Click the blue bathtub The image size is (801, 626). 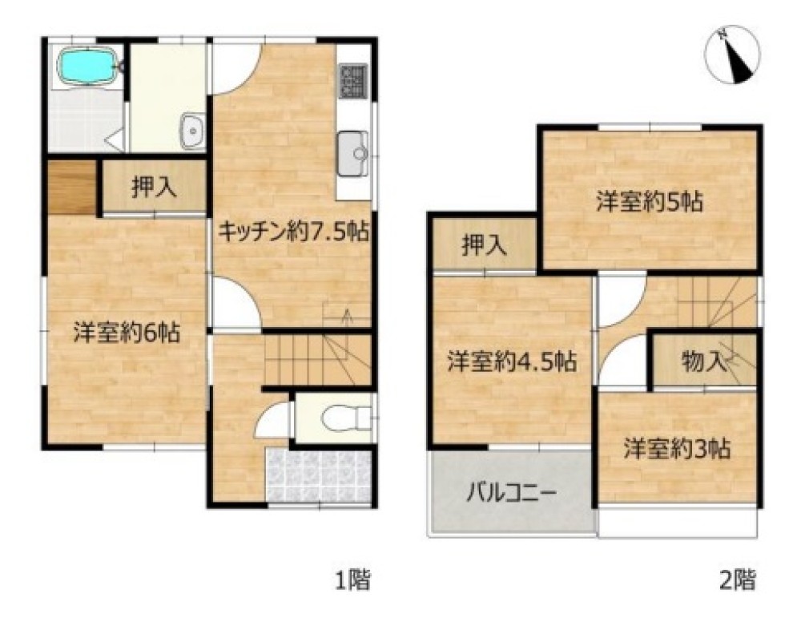[x=87, y=66]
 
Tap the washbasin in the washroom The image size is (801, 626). [x=192, y=131]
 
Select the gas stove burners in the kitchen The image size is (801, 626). [x=353, y=81]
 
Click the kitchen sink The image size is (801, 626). [x=353, y=153]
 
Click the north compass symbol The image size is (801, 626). [x=732, y=55]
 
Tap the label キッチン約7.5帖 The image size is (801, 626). [x=294, y=232]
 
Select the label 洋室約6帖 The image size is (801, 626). [x=127, y=333]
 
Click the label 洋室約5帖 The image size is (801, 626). [x=650, y=202]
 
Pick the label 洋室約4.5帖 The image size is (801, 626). [x=513, y=361]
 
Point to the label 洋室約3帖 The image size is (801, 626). [x=676, y=449]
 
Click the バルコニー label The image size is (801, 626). [x=511, y=495]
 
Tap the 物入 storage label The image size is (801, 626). [x=704, y=361]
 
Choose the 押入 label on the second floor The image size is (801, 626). [x=485, y=245]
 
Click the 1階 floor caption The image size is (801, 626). [x=352, y=580]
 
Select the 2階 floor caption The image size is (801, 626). [x=737, y=580]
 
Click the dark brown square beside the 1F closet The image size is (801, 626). [x=72, y=187]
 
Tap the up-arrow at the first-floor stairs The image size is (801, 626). [x=347, y=317]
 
